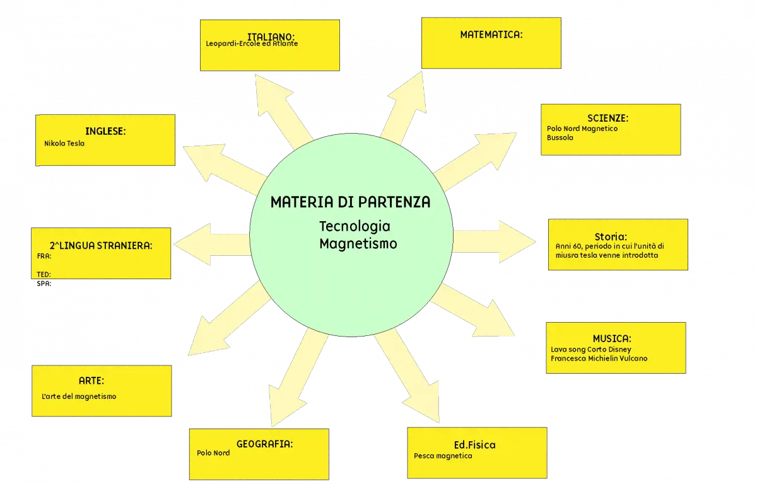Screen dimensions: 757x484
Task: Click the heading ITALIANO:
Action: point(271,37)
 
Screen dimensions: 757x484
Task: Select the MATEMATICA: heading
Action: point(491,35)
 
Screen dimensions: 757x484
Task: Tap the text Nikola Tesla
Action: point(64,144)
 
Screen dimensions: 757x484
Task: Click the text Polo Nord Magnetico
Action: point(582,129)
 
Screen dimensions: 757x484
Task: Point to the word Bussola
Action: point(560,138)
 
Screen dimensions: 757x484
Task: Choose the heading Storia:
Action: point(611,236)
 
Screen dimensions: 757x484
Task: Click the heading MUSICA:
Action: point(612,338)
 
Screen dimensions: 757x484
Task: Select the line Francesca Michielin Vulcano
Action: point(599,359)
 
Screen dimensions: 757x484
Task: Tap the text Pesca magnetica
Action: point(443,456)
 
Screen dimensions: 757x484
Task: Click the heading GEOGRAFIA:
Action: point(264,444)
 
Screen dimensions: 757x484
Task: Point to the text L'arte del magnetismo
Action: point(79,396)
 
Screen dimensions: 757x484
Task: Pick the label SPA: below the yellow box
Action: point(44,284)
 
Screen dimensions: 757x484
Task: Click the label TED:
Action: point(44,274)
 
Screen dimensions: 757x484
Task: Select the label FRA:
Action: point(44,256)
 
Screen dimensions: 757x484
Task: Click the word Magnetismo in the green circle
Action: point(358,244)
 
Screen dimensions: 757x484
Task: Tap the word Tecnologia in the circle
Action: point(355,226)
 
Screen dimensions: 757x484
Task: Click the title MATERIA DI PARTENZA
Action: point(351,202)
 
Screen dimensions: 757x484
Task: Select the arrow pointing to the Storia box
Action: point(494,241)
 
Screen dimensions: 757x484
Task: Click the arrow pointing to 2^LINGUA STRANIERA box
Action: point(212,244)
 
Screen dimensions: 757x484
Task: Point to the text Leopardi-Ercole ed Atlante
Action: point(252,43)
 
